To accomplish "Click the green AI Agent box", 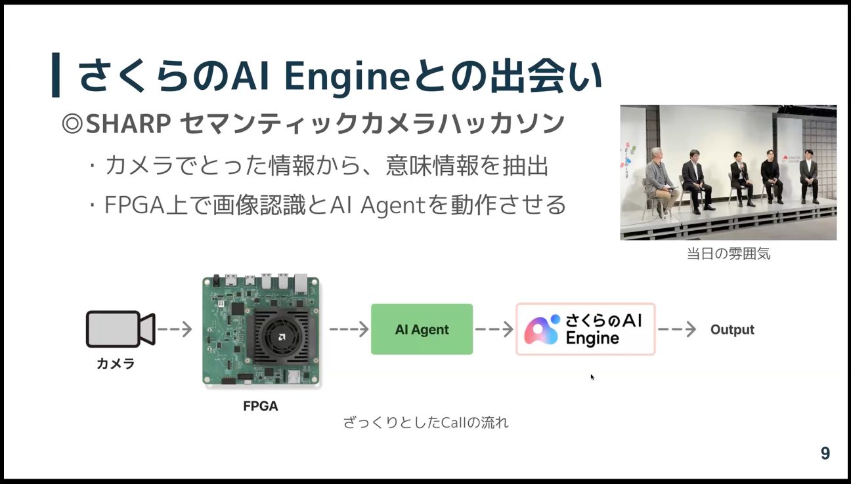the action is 422,329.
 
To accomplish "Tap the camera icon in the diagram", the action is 120,329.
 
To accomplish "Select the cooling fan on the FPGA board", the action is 282,336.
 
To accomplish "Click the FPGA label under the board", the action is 261,406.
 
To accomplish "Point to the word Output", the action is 732,330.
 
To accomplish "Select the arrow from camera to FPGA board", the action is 175,329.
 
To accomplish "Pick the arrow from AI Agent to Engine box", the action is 494,329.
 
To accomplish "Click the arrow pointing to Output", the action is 677,329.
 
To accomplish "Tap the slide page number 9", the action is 825,453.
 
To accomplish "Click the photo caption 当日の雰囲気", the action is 728,254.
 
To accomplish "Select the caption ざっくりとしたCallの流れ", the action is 425,422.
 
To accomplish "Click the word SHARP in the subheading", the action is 129,124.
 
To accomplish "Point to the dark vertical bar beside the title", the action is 55,75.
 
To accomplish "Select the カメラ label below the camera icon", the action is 116,364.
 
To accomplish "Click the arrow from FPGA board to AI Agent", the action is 349,329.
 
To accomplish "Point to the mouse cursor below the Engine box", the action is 592,376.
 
